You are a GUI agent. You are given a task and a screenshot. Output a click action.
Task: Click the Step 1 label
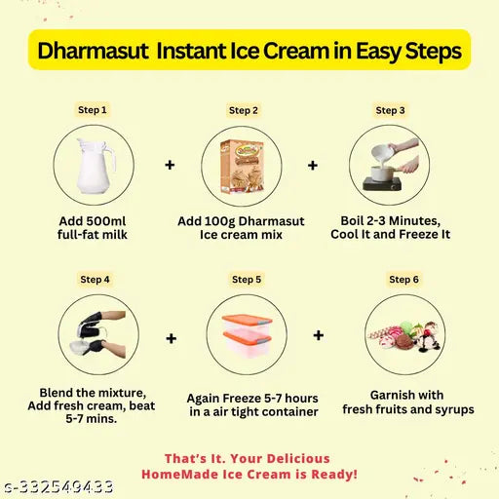pos(93,110)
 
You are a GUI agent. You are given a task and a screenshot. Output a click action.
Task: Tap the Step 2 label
pos(244,110)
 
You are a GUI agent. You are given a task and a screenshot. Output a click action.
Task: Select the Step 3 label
pos(390,110)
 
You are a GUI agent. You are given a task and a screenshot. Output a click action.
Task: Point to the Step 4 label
pos(96,279)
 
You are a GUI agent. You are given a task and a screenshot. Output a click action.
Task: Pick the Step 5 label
pos(247,280)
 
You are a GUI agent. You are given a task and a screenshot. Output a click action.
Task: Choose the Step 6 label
pos(403,280)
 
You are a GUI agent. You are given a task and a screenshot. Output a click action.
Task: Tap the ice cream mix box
pos(244,167)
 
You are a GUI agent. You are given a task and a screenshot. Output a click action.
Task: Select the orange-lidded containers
pos(246,336)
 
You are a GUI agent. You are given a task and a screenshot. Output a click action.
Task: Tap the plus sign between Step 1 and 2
pos(171,166)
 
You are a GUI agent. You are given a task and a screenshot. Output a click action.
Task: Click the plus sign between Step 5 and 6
pos(318,335)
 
